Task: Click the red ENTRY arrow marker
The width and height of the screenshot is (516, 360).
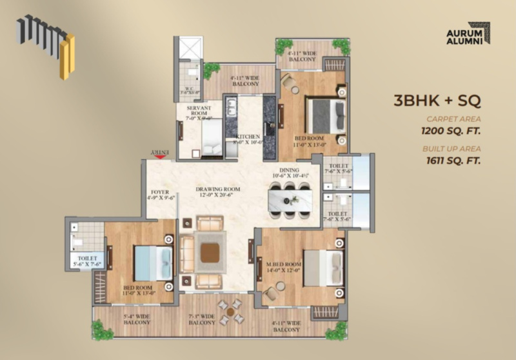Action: [x=159, y=155]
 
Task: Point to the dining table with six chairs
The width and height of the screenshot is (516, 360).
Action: [x=290, y=199]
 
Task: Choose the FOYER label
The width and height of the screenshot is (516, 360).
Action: [x=159, y=195]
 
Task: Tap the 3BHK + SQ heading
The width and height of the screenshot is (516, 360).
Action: [x=437, y=101]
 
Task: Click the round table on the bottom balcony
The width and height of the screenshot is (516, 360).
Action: [x=230, y=311]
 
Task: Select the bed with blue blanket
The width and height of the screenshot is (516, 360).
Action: [x=153, y=263]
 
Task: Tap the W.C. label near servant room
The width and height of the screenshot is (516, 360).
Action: [x=191, y=90]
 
